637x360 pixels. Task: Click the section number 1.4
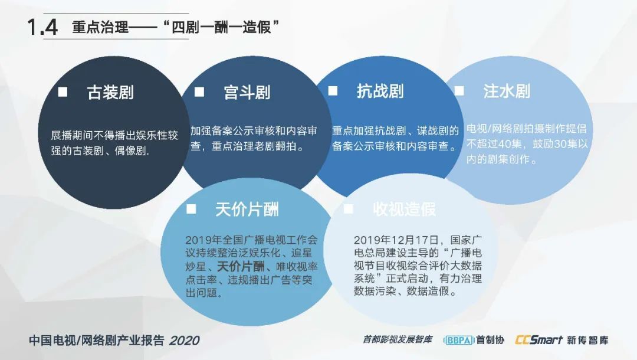(42, 27)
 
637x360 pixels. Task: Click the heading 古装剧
(110, 92)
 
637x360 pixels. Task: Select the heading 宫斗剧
(247, 92)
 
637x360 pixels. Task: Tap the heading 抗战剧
(380, 91)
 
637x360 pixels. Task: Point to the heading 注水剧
(507, 91)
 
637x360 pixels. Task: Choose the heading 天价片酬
(247, 210)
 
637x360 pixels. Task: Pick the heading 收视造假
(404, 210)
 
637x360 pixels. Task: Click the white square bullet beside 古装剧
(63, 92)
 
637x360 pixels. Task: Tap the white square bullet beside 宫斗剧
(199, 92)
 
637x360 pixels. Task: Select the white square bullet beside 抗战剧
(333, 91)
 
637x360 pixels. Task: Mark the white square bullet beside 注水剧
(459, 91)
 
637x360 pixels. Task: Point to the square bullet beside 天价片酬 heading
(191, 210)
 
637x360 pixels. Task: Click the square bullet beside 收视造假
(348, 210)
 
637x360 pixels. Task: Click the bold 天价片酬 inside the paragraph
(241, 267)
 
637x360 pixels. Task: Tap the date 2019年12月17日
(396, 240)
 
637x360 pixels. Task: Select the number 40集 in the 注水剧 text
(510, 144)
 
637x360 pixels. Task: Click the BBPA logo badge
(459, 340)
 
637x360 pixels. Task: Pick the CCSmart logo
(539, 340)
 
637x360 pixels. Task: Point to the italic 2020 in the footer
(185, 341)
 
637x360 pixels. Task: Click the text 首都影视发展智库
(398, 339)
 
